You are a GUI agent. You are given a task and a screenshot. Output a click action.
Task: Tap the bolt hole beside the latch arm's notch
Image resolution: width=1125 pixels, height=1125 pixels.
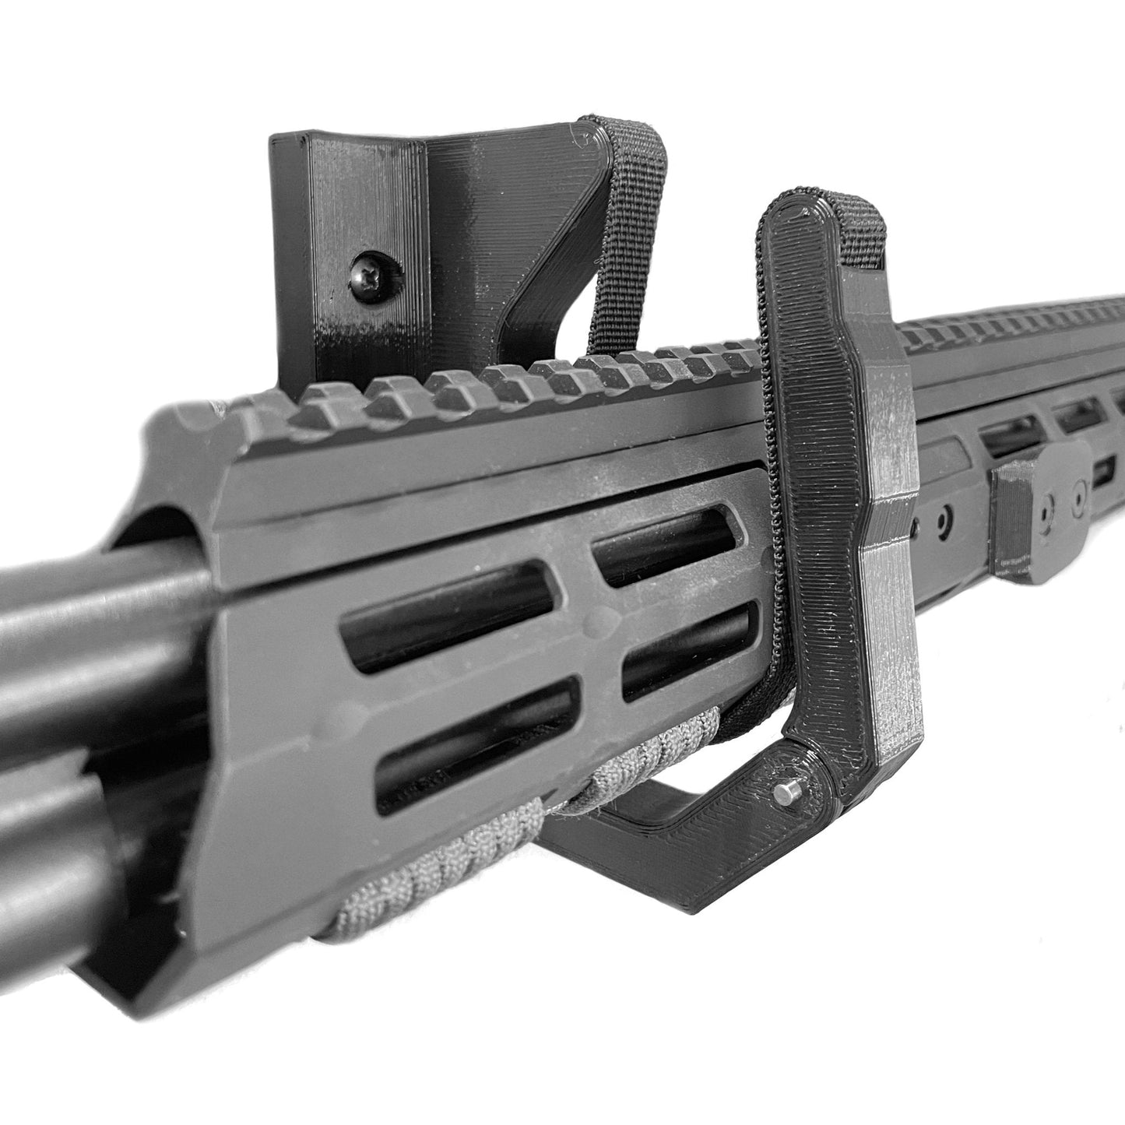click(944, 517)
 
